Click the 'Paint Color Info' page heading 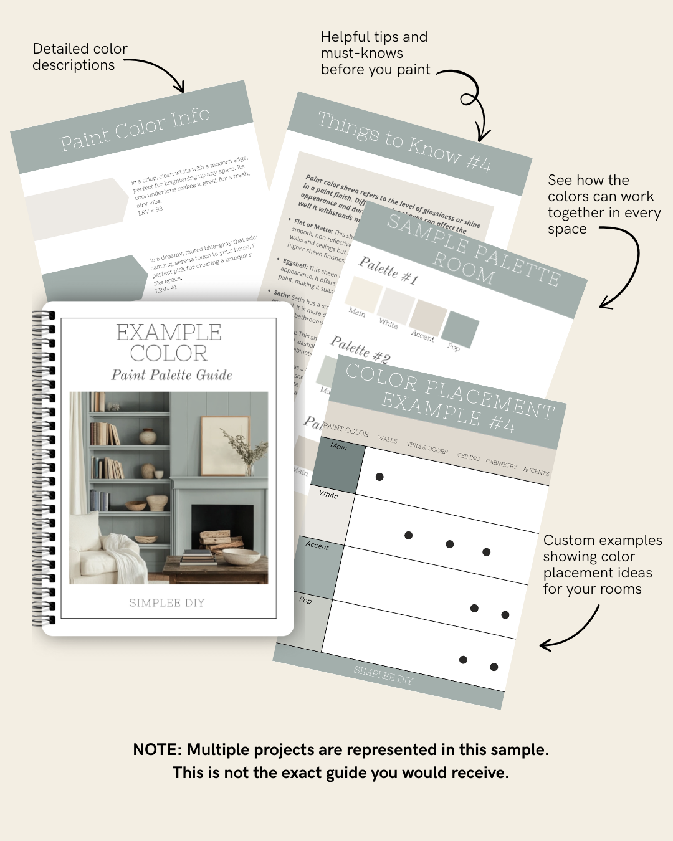coord(135,129)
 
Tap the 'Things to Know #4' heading coord(404,141)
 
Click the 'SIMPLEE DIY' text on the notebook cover coord(166,602)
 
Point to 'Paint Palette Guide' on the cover coord(171,375)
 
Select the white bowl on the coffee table coord(241,556)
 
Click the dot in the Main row coord(379,477)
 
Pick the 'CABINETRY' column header coord(501,464)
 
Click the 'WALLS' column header coord(387,440)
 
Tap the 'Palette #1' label coord(388,270)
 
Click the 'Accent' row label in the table coord(317,546)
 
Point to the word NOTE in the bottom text coord(156,749)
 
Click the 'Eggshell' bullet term coord(295,264)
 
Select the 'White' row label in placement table coord(328,495)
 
